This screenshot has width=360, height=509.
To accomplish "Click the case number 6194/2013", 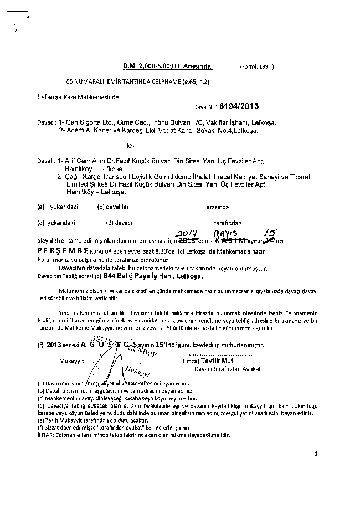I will point(239,105).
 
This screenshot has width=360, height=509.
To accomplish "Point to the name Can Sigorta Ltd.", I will point(90,123).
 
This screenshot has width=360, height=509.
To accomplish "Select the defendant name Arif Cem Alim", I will point(84,159).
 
